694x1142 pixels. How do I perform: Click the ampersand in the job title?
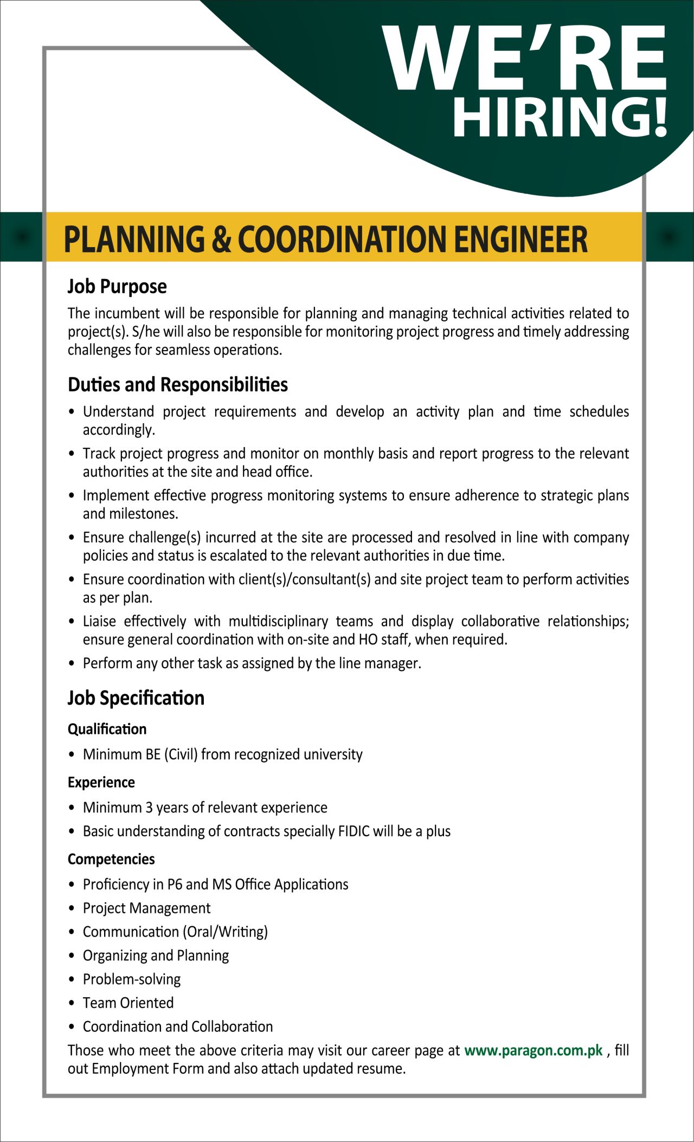(x=221, y=239)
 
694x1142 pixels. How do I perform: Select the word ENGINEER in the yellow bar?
(x=520, y=239)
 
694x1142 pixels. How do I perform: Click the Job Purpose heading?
(x=117, y=286)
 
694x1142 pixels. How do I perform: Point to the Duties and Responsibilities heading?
(x=178, y=385)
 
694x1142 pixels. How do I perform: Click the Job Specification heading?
(x=136, y=698)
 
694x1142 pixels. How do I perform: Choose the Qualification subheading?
(x=107, y=730)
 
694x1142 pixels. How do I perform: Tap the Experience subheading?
(x=101, y=783)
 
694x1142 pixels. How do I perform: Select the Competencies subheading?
(x=111, y=860)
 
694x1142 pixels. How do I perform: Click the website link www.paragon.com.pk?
(x=534, y=1050)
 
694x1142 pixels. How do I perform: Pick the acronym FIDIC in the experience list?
(x=354, y=831)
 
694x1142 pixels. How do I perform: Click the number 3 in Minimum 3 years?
(x=149, y=808)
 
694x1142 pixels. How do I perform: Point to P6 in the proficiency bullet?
(x=175, y=885)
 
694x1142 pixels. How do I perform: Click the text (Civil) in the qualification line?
(x=181, y=754)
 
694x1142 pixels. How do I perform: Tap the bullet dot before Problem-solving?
(x=72, y=979)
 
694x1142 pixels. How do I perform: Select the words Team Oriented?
(x=128, y=1003)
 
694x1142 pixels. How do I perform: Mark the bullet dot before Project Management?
(x=72, y=908)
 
